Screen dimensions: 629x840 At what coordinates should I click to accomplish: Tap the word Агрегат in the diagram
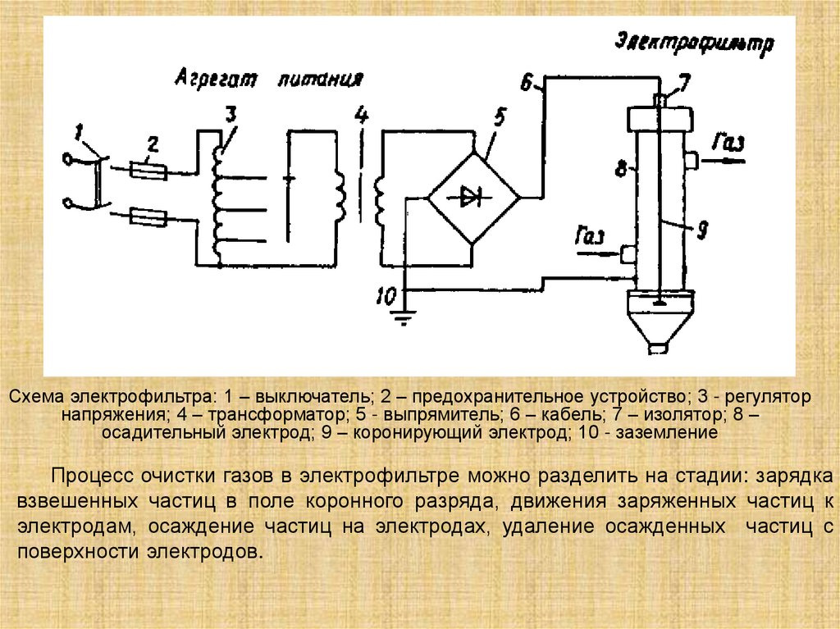tap(215, 80)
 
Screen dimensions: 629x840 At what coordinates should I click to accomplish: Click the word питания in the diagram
tap(320, 80)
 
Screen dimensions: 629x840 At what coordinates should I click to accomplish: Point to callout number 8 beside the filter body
tap(620, 170)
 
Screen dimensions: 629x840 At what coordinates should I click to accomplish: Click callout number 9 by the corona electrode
tap(701, 232)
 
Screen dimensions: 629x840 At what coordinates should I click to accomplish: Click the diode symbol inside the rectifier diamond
tap(471, 196)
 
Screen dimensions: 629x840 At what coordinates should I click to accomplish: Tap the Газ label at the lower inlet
tap(590, 239)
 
